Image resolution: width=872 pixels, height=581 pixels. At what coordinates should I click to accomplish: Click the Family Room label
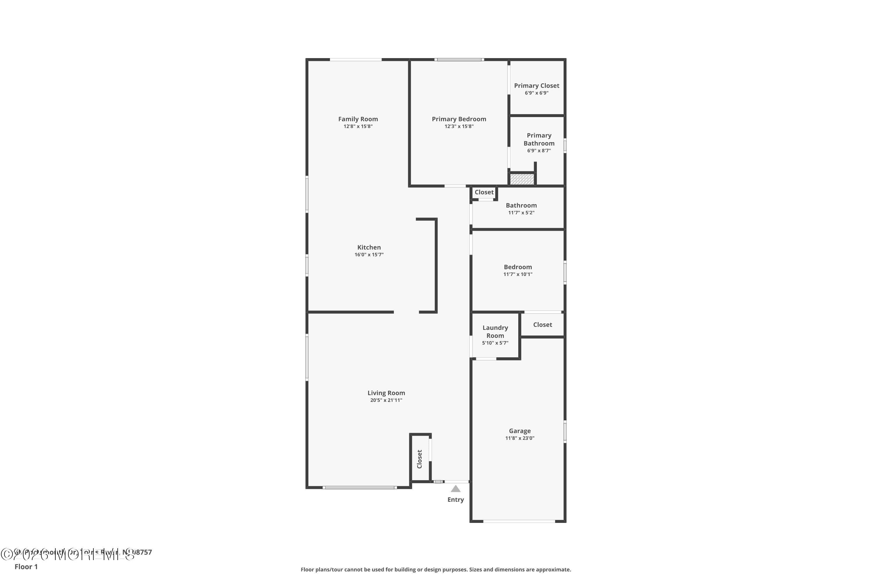358,119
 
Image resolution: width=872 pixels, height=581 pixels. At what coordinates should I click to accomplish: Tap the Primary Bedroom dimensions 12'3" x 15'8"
459,126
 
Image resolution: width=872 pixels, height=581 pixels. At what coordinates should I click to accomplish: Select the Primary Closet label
537,86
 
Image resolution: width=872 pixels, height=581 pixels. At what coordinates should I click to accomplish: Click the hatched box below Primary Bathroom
522,179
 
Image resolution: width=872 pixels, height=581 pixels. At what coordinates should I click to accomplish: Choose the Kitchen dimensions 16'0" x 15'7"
369,254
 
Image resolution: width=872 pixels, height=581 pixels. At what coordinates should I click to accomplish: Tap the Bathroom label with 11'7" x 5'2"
521,205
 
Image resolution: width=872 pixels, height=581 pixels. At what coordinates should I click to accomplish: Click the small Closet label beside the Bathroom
484,192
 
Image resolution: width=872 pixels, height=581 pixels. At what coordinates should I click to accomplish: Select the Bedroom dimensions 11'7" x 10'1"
518,274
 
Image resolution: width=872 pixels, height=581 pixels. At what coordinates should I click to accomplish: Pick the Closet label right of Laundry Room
542,324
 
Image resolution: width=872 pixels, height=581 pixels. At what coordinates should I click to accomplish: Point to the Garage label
519,431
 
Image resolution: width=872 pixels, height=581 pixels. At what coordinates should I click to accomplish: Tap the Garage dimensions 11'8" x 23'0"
519,438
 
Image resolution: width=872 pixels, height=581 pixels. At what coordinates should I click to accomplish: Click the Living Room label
386,393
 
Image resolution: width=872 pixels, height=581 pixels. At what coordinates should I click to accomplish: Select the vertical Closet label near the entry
420,459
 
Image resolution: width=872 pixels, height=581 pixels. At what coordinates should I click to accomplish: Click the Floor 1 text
26,566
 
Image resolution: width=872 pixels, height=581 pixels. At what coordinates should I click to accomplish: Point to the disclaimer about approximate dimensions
436,569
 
